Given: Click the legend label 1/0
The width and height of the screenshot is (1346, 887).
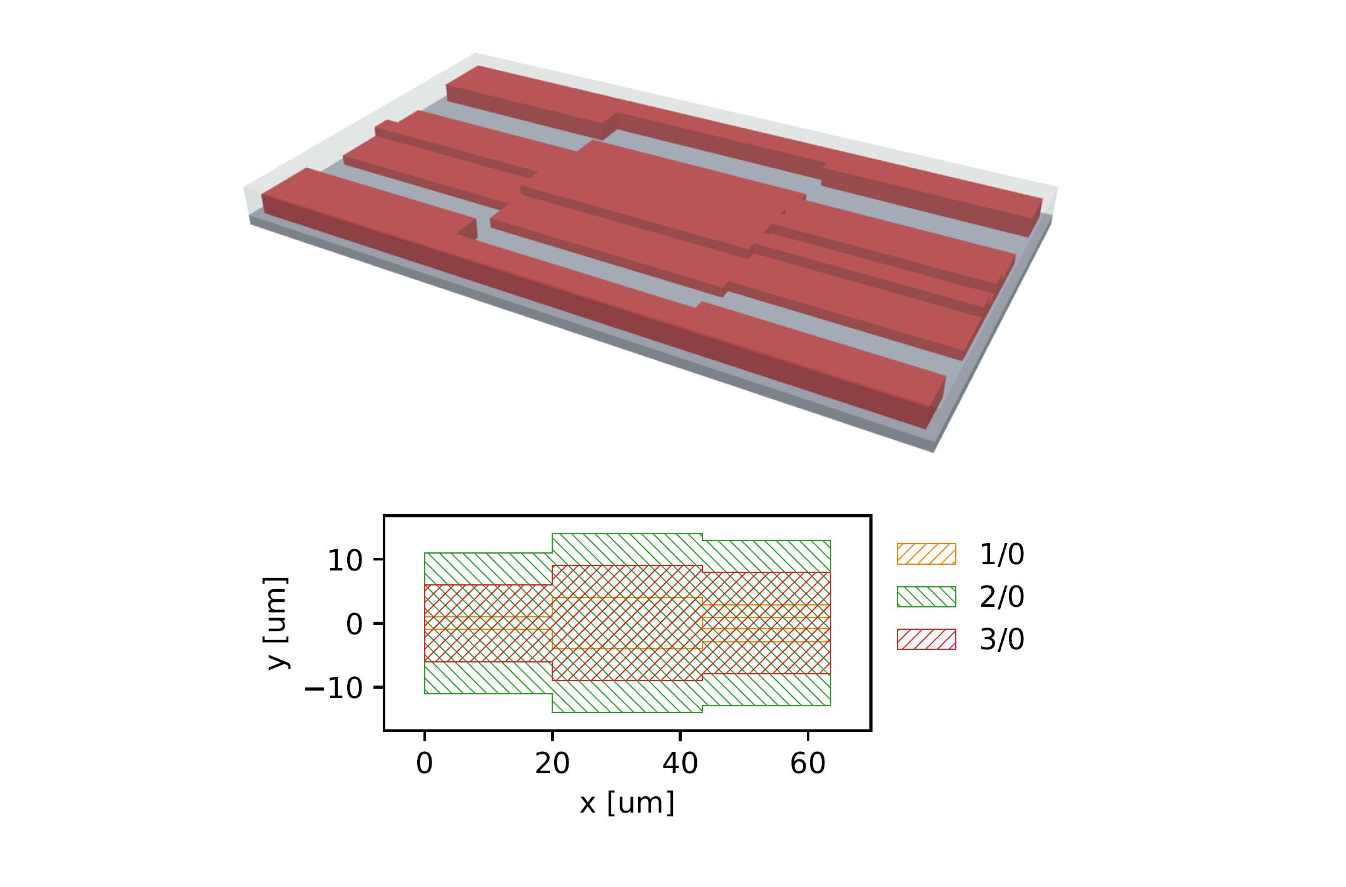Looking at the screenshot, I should pos(1001,555).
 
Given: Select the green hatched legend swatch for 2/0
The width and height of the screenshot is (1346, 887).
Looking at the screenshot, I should pos(926,597).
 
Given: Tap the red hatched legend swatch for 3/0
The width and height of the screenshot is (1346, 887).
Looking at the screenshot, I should pos(926,639).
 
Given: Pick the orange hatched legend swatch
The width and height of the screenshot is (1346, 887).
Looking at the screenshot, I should pos(926,554).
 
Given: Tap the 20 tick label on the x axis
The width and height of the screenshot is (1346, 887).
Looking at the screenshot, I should pos(552,764).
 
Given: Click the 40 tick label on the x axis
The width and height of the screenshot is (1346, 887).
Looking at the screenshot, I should pos(680,764).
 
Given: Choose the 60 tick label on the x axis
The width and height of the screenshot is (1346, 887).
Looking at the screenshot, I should pos(808,764).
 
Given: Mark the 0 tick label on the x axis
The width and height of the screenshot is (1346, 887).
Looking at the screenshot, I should pos(425,764).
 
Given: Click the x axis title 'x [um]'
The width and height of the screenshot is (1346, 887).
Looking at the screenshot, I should pos(627,803).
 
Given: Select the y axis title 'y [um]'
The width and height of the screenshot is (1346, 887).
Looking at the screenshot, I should pos(277,623).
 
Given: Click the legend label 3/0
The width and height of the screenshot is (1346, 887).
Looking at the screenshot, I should pos(1001,640).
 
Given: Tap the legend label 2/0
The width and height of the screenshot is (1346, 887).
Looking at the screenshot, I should pos(1001,597).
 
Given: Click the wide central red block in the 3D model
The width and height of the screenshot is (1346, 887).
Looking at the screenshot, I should pos(663,188).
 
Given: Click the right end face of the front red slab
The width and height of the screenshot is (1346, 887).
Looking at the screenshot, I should pos(936,400).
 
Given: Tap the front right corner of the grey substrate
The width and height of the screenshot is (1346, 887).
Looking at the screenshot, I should pos(934,449).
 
